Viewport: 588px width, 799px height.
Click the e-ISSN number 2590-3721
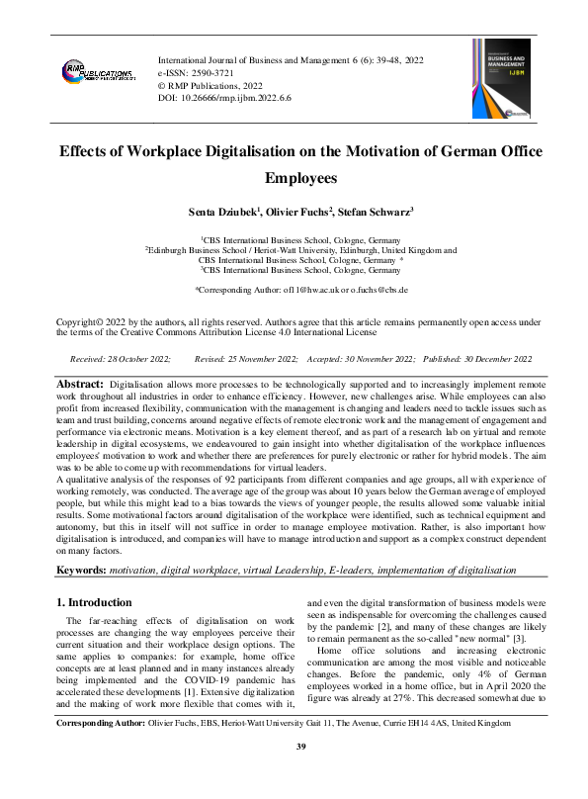(212, 73)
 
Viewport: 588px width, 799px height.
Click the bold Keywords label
(84, 572)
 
